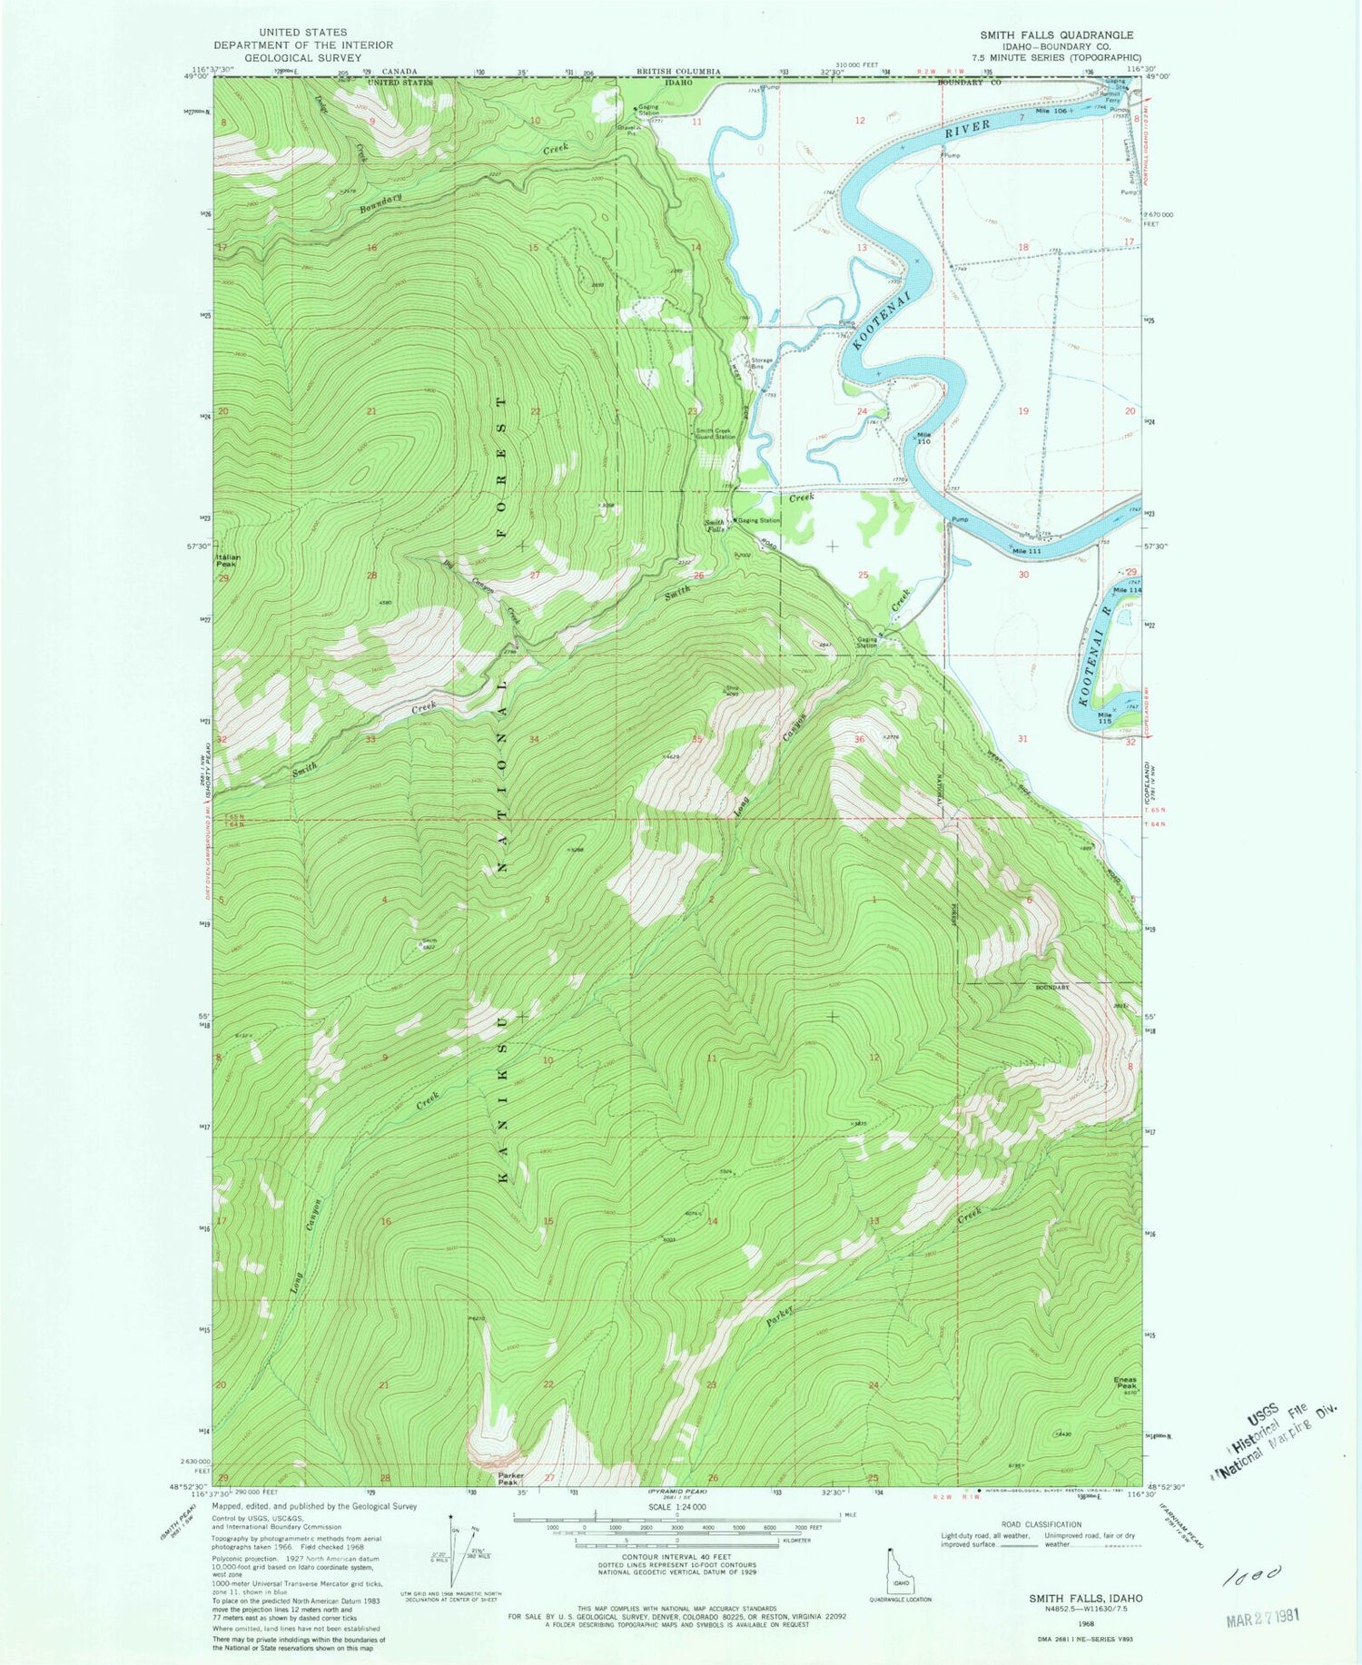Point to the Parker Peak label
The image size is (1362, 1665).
(511, 1479)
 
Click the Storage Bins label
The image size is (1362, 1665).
(761, 362)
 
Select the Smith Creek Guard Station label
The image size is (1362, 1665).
(716, 433)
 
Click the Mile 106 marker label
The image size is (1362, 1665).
(1052, 110)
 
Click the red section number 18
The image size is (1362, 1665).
(1022, 247)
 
